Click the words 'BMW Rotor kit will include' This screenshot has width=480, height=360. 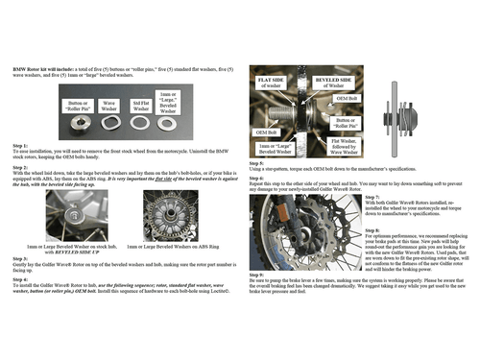point(44,71)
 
